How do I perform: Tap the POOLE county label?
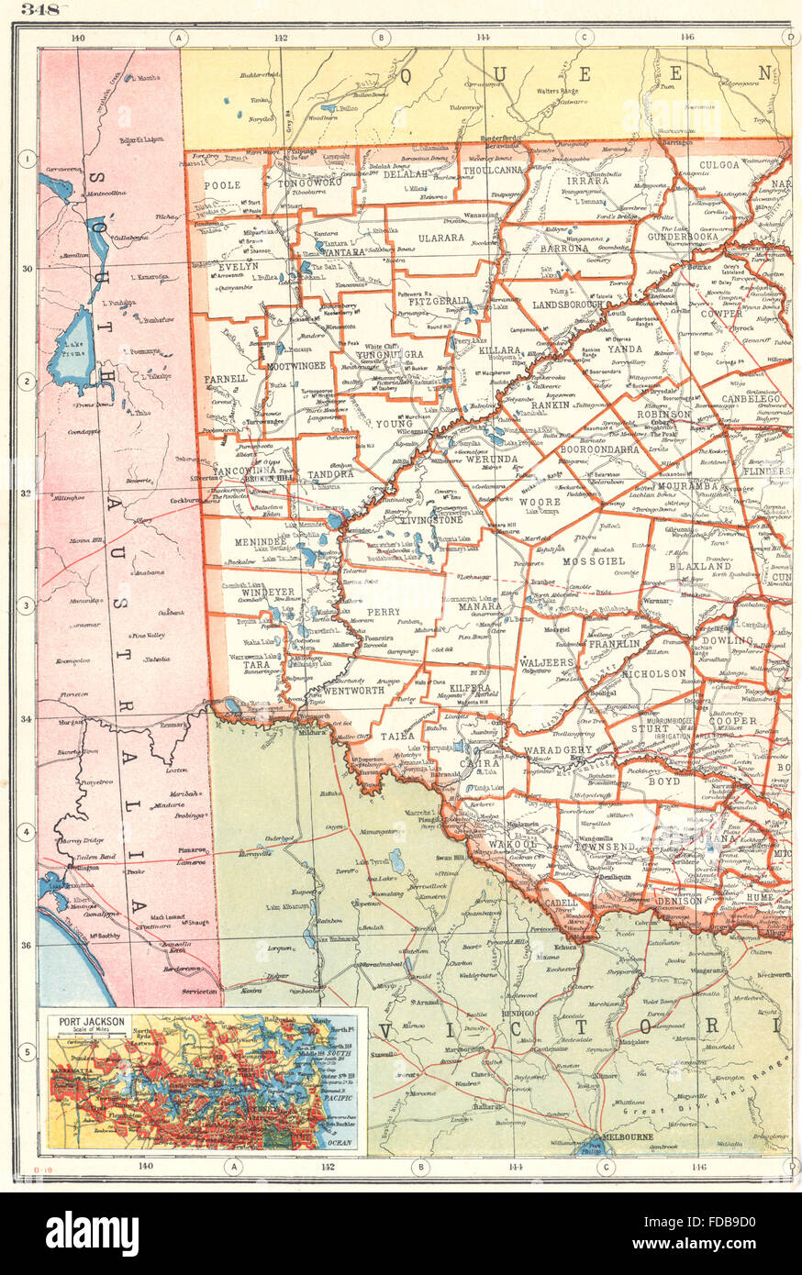coord(223,185)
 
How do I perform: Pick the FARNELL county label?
coord(227,378)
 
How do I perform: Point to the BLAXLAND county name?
coord(700,567)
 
